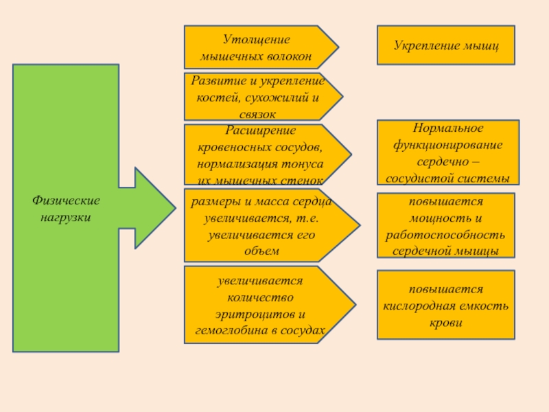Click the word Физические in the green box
pos(66,201)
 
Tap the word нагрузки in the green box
pos(66,216)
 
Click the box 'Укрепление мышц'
pos(445,45)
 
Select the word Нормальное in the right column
pos(448,128)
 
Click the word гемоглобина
pos(230,331)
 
